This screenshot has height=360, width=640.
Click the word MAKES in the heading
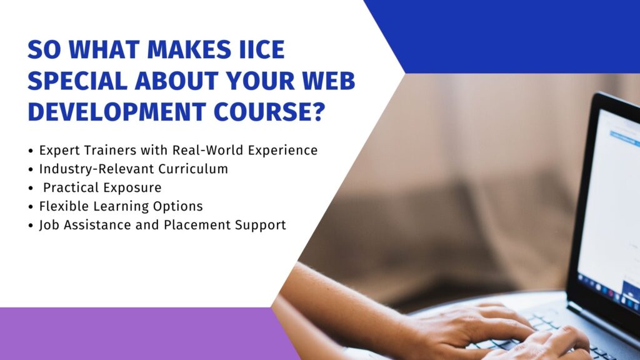(189, 49)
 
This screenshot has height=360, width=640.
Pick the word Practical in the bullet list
(71, 187)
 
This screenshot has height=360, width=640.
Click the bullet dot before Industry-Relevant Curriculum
(31, 169)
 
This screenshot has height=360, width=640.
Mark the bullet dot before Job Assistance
(31, 226)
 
